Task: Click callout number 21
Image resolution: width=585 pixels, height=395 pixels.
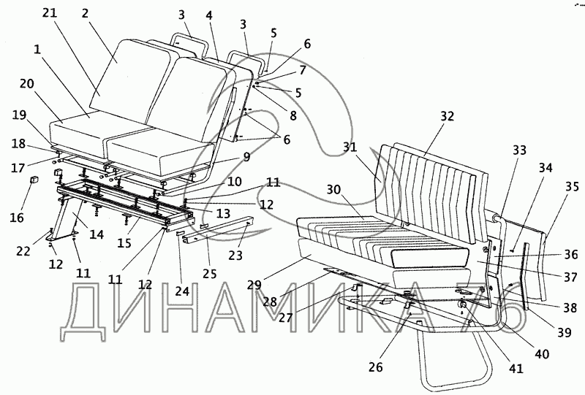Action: click(49, 14)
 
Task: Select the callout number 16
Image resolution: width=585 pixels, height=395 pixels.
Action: click(15, 218)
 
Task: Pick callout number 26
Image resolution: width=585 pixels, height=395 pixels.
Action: click(375, 367)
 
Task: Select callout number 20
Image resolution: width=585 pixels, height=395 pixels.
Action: click(26, 84)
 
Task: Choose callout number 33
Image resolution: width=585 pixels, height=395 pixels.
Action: click(519, 150)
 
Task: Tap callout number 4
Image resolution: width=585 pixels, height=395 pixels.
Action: click(210, 14)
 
